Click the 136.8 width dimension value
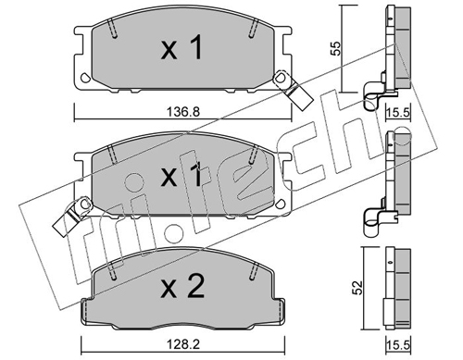tap(183, 111)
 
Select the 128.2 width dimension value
tap(183, 344)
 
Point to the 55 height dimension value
tap(336, 48)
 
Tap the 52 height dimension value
tap(357, 288)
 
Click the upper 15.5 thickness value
tap(399, 112)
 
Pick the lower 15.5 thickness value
tap(399, 345)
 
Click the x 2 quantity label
tap(182, 287)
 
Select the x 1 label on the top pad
tap(181, 47)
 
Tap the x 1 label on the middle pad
tap(181, 175)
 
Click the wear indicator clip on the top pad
tap(294, 90)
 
